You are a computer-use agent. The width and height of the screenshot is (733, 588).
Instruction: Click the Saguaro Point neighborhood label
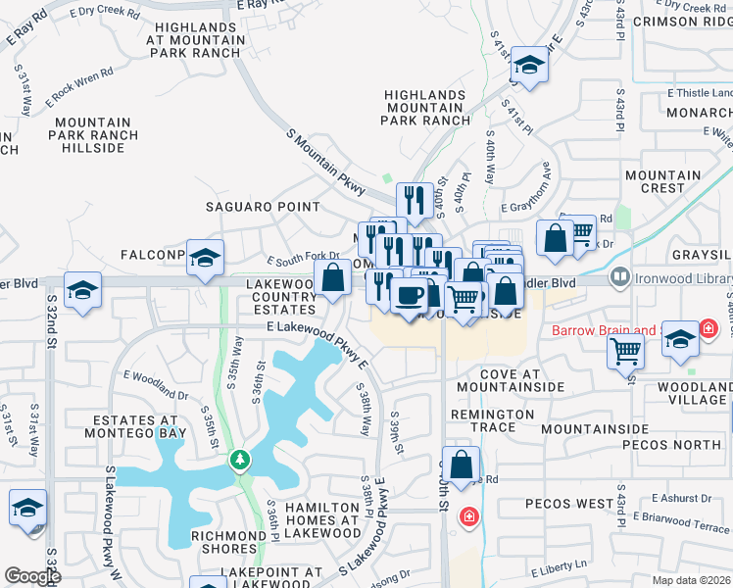tap(262, 207)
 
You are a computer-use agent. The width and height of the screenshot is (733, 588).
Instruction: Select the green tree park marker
tap(239, 459)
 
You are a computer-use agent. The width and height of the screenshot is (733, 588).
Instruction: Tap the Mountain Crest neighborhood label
tap(670, 181)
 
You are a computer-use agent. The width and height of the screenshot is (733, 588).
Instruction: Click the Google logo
tap(32, 575)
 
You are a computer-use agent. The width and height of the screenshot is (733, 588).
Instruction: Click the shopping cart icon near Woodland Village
tap(625, 350)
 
